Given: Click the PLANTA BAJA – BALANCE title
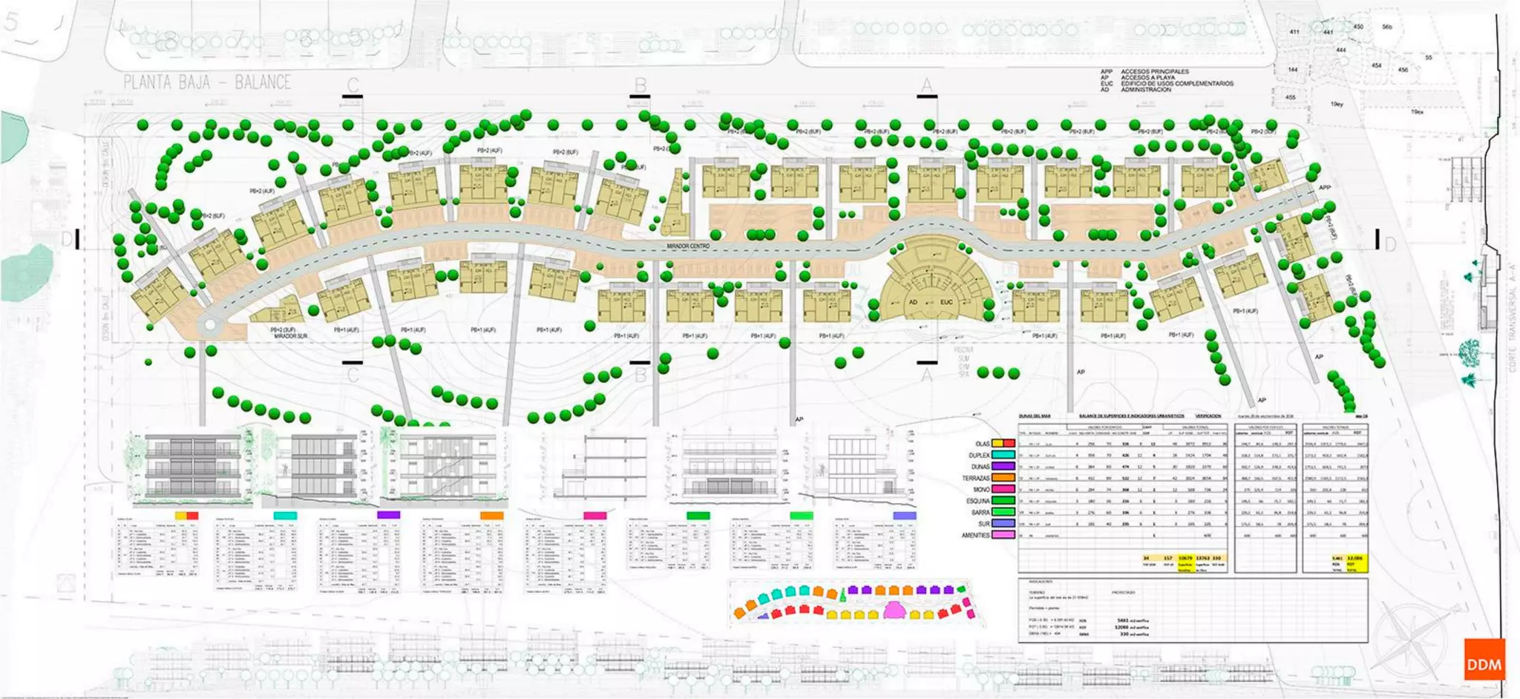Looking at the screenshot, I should (x=207, y=82).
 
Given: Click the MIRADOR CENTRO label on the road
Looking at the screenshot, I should (x=687, y=246).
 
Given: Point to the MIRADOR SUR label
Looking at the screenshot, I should (x=290, y=336).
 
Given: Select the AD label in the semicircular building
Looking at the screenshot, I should (x=913, y=302).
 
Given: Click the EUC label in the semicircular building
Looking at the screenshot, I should (x=946, y=302).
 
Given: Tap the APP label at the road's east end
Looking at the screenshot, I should (x=1325, y=188).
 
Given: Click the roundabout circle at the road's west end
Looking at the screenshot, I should (x=210, y=324).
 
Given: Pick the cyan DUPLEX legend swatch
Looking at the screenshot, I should (x=1003, y=455).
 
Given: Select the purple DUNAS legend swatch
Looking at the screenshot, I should (x=1003, y=467).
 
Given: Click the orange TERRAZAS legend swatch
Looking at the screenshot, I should (x=1003, y=478).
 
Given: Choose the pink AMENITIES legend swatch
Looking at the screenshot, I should (x=1003, y=534).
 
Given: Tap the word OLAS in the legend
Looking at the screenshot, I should (x=982, y=444).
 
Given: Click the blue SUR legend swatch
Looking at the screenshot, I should (x=1003, y=523).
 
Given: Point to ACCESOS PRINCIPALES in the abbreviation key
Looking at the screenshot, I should (x=1154, y=72).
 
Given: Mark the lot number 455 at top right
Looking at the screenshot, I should (x=1291, y=97).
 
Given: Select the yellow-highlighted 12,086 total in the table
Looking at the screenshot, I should (x=1354, y=558).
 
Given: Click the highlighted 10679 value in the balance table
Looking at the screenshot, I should (x=1185, y=558).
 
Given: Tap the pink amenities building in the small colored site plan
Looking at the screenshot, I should (x=894, y=610).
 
